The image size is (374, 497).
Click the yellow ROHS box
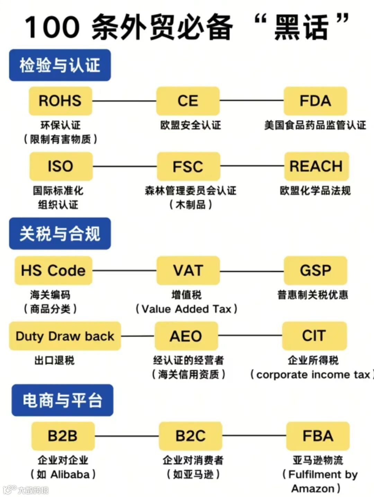[x=60, y=101]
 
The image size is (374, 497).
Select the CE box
[x=188, y=101]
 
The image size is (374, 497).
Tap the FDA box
[x=315, y=101]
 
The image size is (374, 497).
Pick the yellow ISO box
[x=61, y=166]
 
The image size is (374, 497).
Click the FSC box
[x=188, y=166]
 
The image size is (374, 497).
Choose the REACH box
[x=316, y=166]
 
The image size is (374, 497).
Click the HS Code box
[x=53, y=270]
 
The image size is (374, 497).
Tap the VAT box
[x=188, y=270]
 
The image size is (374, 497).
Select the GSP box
[x=315, y=270]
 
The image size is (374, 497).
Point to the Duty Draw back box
[x=65, y=336]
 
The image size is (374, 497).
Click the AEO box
[x=186, y=336]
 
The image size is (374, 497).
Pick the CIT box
[x=314, y=335]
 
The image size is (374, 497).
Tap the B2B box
[x=63, y=436]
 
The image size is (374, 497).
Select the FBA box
[x=318, y=436]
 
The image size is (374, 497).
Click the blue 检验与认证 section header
[x=60, y=65]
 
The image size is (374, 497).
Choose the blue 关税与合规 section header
[x=60, y=234]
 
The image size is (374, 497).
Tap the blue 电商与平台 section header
[x=62, y=400]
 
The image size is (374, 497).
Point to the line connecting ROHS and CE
[x=124, y=101]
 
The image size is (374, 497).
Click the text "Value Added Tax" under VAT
[x=186, y=309]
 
